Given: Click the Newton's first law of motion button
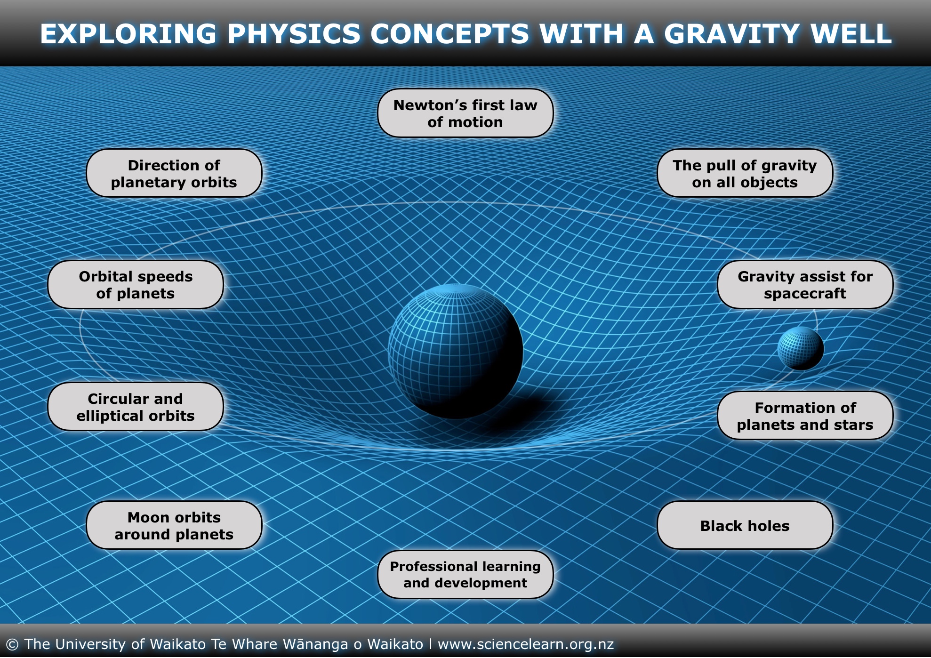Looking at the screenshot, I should [x=465, y=113].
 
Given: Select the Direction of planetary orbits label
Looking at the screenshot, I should [x=174, y=174].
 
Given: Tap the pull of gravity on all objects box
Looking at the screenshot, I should [x=745, y=174].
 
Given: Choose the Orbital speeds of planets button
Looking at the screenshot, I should [x=136, y=285].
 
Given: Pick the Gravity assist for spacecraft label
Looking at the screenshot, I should [x=805, y=285].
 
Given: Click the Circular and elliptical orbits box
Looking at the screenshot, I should [x=136, y=407].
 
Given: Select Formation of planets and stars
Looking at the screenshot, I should [x=805, y=416].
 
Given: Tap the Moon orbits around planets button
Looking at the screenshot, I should [x=174, y=526].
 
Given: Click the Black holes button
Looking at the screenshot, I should [x=745, y=526].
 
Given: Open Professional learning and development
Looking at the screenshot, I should [x=465, y=575].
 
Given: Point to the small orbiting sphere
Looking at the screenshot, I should [x=800, y=348].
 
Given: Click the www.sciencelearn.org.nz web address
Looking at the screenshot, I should [x=526, y=644].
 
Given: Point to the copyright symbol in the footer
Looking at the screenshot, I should [x=12, y=644].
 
